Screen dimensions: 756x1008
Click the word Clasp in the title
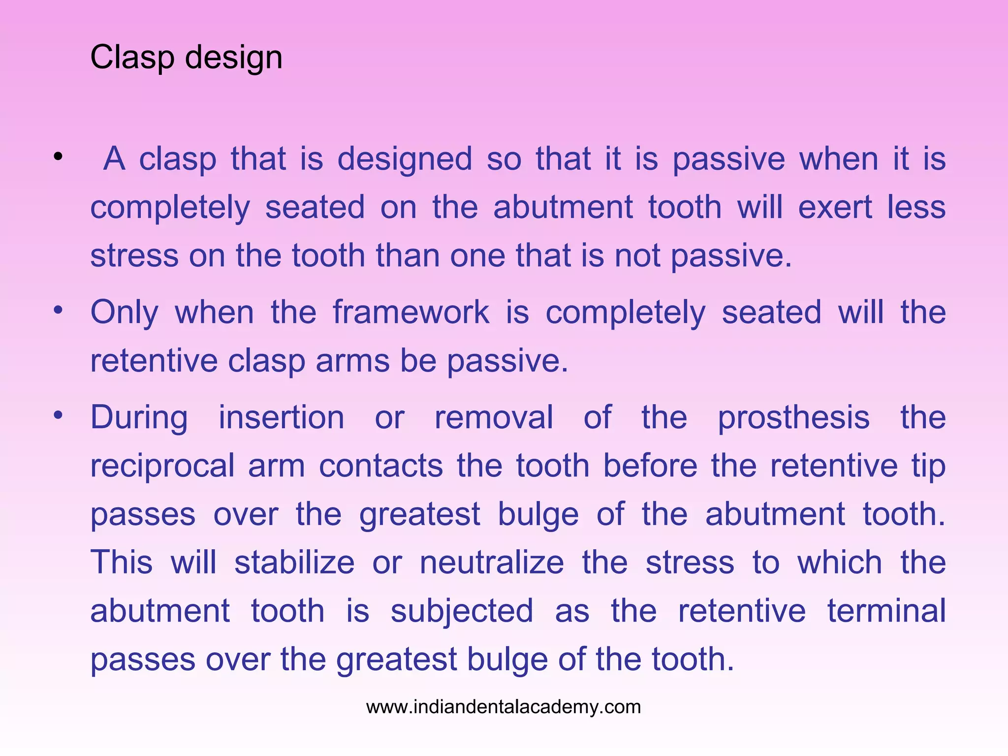point(132,58)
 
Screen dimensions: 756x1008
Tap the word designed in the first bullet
point(405,159)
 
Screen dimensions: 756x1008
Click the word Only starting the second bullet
point(125,313)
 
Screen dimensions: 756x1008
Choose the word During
point(139,418)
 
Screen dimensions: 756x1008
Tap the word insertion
point(281,417)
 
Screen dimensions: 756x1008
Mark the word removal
point(494,417)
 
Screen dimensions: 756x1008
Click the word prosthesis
point(793,418)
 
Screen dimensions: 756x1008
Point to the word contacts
point(380,466)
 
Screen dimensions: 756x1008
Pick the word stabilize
point(294,562)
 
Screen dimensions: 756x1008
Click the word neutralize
point(492,562)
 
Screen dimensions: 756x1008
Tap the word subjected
point(462,611)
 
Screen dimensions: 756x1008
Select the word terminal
point(886,610)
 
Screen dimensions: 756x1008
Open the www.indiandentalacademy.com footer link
point(504,707)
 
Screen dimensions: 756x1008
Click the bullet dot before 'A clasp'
point(58,157)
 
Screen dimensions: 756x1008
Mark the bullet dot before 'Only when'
point(58,310)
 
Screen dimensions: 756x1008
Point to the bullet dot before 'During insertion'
point(58,415)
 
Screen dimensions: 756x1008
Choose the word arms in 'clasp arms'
point(351,361)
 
